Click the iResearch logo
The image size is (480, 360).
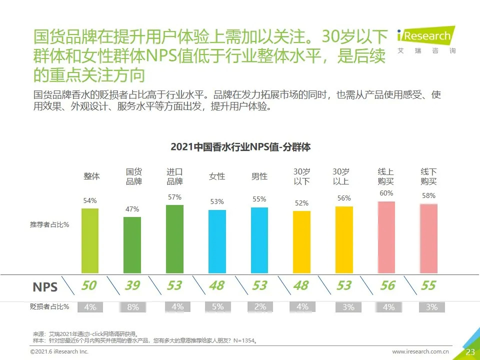426,38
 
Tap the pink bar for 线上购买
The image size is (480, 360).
386,237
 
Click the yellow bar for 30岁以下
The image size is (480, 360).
301,242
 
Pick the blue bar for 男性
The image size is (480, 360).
259,240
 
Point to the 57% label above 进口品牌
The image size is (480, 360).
174,197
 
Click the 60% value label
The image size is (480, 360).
386,193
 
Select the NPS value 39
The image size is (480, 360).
132,285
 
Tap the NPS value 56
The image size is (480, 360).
387,285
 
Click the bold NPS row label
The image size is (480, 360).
45,287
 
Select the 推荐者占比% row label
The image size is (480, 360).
49,225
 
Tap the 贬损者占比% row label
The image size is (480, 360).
49,307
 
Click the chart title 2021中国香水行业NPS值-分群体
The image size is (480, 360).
240,147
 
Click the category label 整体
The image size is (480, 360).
91,176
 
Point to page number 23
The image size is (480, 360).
470,352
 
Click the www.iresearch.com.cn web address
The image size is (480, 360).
420,352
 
